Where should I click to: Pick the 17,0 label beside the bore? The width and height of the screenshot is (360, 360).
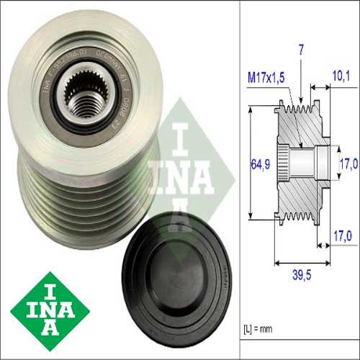[348, 163]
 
